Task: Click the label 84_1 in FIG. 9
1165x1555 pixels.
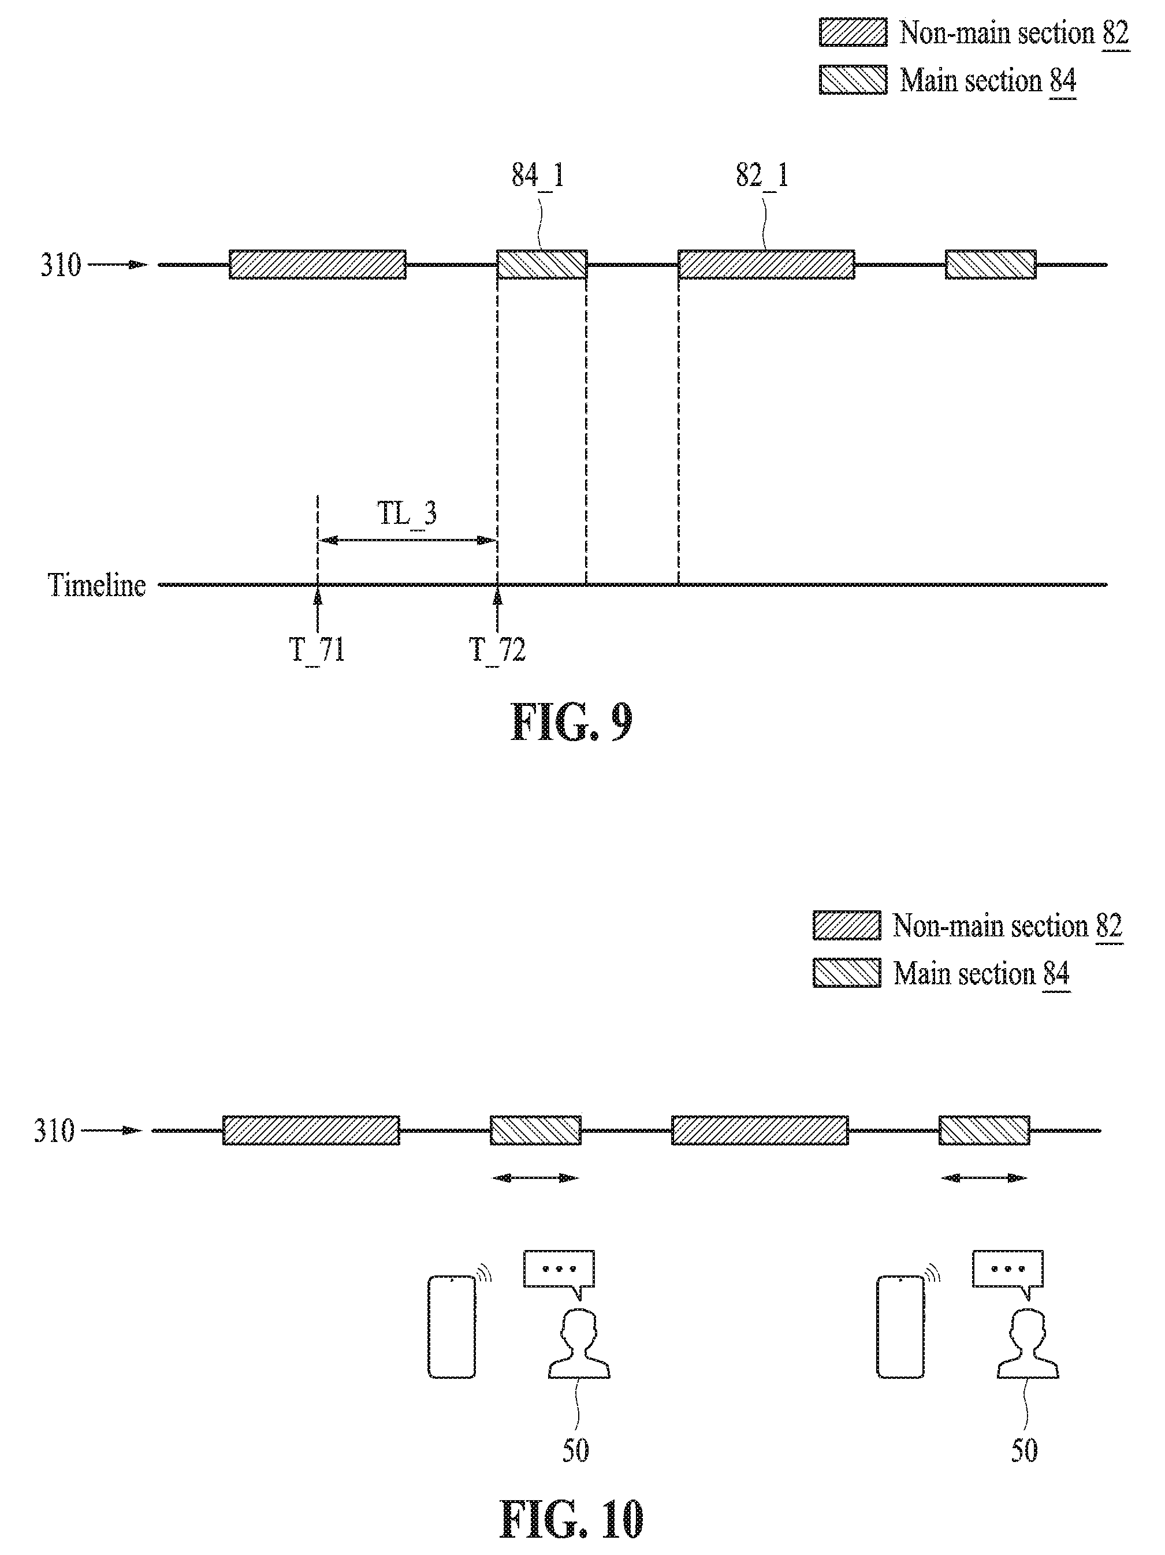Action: (x=538, y=175)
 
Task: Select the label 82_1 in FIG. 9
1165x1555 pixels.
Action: (x=762, y=175)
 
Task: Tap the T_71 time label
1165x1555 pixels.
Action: (x=317, y=650)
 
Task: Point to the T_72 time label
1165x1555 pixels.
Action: (x=497, y=650)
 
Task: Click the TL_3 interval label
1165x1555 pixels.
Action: (x=407, y=514)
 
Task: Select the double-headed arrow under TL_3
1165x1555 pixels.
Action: (x=408, y=540)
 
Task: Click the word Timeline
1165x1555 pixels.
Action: (x=97, y=585)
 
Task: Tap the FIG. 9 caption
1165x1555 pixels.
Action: (x=571, y=722)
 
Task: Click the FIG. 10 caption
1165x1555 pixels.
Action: (x=571, y=1519)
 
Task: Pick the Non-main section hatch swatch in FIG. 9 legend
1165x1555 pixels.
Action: (x=853, y=33)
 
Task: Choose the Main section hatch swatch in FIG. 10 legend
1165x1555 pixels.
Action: (x=847, y=973)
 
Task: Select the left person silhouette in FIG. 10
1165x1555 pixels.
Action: (x=579, y=1344)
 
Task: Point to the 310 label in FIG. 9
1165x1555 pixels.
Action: (x=61, y=265)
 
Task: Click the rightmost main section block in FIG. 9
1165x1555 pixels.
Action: (x=991, y=265)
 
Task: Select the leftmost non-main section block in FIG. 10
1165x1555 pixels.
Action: (x=311, y=1130)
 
